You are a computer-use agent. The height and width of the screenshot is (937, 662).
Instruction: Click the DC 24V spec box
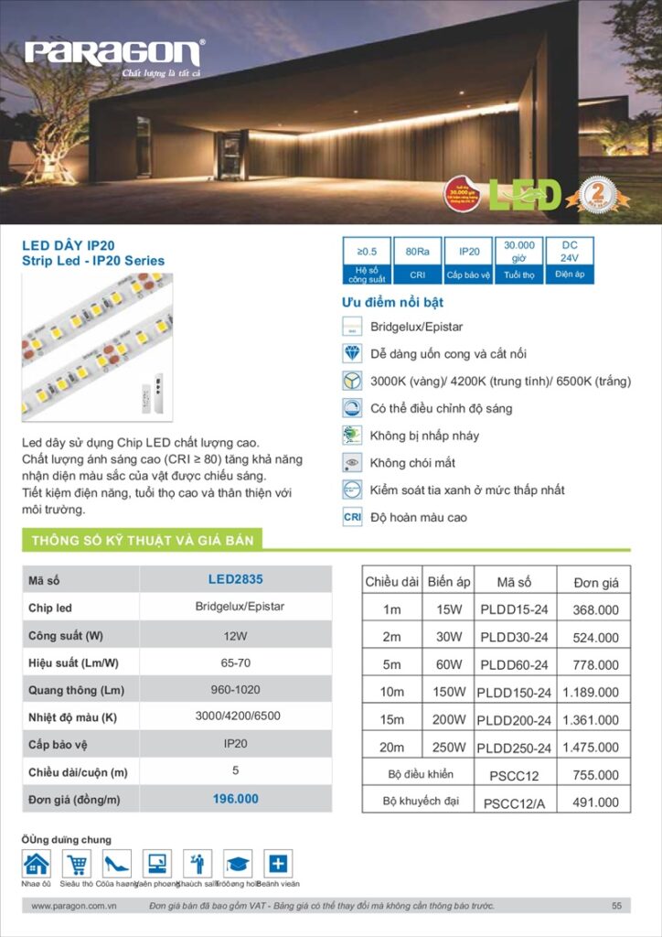[569, 260]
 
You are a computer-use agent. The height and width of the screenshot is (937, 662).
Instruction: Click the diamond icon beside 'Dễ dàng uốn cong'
[352, 354]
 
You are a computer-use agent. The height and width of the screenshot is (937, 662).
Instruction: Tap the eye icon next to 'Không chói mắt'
[352, 463]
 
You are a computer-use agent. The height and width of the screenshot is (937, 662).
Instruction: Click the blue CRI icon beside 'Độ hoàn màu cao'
[352, 517]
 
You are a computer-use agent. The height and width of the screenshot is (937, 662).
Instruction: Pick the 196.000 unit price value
[235, 799]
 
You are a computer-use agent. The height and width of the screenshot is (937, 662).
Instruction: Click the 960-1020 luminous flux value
[235, 689]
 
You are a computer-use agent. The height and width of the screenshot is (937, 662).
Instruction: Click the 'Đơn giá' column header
[596, 582]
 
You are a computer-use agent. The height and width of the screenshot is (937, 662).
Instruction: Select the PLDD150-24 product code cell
[514, 693]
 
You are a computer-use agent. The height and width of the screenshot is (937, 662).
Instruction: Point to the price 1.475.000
[591, 748]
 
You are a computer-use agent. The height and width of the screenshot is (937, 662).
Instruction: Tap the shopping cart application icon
[77, 864]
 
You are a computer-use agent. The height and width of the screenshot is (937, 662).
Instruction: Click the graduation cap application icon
[238, 864]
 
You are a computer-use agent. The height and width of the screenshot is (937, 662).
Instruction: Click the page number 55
[616, 906]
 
